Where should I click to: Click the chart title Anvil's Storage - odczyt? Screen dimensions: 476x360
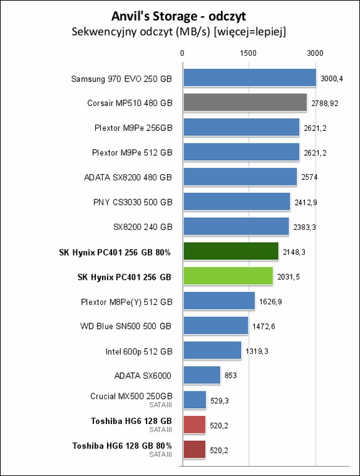tap(179, 14)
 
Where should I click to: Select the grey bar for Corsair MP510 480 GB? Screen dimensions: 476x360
tap(245, 103)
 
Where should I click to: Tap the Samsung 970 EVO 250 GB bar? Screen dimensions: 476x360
tap(249, 78)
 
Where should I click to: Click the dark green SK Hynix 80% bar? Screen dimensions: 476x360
tap(230, 252)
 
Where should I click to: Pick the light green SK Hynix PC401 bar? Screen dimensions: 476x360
tap(228, 276)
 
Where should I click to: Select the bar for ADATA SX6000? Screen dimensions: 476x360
tap(202, 375)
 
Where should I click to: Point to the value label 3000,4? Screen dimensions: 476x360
tap(332, 79)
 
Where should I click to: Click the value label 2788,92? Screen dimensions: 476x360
tap(325, 103)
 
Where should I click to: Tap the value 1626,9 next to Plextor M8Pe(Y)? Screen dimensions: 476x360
tap(270, 302)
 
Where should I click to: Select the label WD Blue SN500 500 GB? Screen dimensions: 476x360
tap(126, 326)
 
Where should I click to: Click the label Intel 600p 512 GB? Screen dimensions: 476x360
tap(138, 351)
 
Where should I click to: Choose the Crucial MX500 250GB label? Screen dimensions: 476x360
tap(131, 396)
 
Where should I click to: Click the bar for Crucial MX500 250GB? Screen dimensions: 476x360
tap(195, 400)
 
